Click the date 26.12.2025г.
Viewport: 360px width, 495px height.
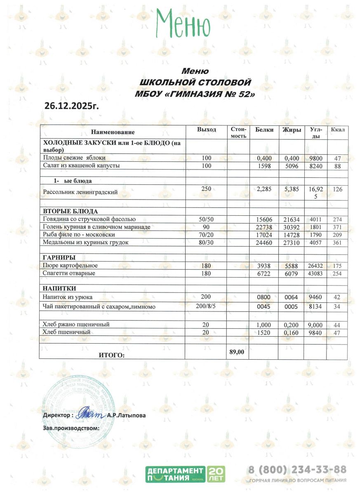[x=72, y=106]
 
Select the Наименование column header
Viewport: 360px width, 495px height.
[x=113, y=132]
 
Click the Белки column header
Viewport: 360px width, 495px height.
[x=264, y=130]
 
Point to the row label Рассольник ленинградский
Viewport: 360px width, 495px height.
[x=80, y=191]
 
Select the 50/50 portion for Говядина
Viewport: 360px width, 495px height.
[x=206, y=219]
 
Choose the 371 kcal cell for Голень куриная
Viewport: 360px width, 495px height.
[x=338, y=227]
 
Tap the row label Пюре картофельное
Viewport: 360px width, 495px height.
[x=70, y=265]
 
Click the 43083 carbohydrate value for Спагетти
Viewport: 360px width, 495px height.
[x=315, y=273]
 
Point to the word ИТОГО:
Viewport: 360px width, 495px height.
[x=111, y=354]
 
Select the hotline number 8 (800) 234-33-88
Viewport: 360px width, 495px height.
[x=296, y=469]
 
